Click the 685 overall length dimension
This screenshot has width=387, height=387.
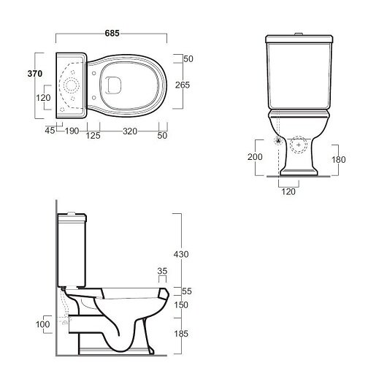pos(112,33)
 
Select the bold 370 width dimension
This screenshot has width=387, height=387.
pos(35,73)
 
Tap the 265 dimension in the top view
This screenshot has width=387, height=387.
pos(183,85)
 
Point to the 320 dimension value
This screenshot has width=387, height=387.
pos(130,131)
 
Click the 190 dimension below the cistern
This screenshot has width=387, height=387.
pos(72,131)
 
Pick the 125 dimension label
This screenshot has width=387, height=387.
pos(93,136)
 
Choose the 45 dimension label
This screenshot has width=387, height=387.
pos(50,130)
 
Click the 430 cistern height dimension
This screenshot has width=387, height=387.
pos(181,254)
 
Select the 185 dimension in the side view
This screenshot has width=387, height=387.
pos(181,334)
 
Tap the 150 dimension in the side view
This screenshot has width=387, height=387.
pos(181,304)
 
